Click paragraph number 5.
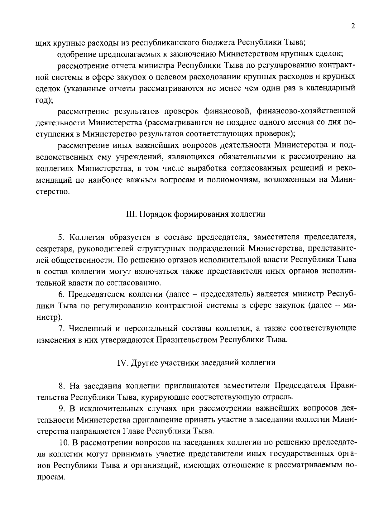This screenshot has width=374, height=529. click(x=61, y=237)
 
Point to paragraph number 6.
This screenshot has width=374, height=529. click(x=61, y=294)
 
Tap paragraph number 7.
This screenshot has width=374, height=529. click(x=61, y=328)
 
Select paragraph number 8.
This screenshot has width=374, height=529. click(x=61, y=386)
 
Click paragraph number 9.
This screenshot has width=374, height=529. click(x=61, y=408)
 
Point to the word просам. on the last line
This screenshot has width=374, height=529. click(x=50, y=477)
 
